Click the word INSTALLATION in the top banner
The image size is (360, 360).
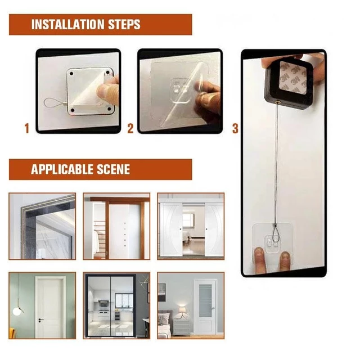pyautogui.click(x=67, y=24)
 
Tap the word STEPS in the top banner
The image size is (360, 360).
pyautogui.click(x=124, y=24)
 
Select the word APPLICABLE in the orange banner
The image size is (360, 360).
pyautogui.click(x=62, y=169)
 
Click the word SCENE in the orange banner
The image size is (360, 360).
pyautogui.click(x=113, y=169)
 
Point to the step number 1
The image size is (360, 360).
pyautogui.click(x=27, y=128)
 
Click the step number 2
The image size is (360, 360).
pyautogui.click(x=130, y=128)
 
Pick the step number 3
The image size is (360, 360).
pyautogui.click(x=235, y=128)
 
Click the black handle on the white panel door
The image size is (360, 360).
pyautogui.click(x=40, y=320)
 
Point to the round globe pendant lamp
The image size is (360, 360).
pyautogui.click(x=17, y=311)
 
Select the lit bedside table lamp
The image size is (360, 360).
pyautogui.click(x=182, y=311)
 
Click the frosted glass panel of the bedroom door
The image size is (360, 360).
pyautogui.click(x=205, y=301)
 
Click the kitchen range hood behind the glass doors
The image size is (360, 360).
pyautogui.click(x=104, y=303)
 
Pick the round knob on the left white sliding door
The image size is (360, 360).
pyautogui.click(x=181, y=229)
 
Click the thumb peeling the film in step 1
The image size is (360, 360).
pyautogui.click(x=105, y=91)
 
